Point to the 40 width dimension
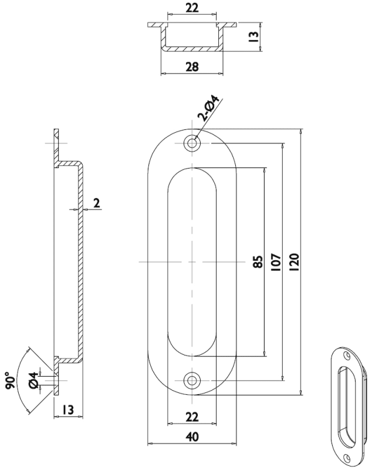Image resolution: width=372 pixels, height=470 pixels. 191,437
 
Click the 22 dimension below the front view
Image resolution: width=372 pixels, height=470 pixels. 191,417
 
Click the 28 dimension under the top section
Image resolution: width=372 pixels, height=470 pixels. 192,67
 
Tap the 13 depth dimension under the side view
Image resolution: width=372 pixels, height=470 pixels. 66,409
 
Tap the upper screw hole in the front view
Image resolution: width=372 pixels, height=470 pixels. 192,143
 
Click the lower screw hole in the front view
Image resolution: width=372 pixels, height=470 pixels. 192,381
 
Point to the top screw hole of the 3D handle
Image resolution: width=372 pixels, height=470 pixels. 346,355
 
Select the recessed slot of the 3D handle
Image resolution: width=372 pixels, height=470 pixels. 346,405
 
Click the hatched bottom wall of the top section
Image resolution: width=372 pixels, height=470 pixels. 192,49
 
